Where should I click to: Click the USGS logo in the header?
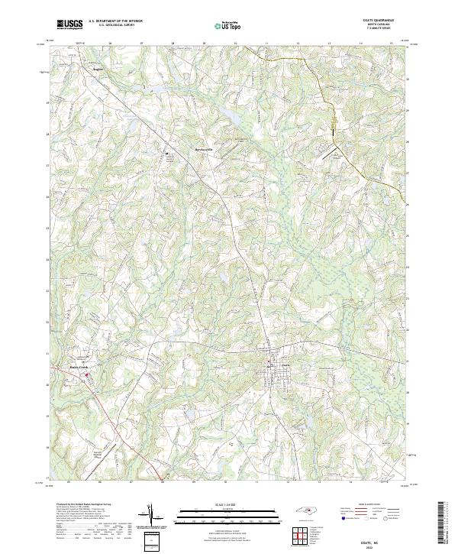[x=69, y=25]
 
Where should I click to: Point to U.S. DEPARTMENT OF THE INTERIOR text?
[x=115, y=21]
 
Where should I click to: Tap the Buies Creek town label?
[x=79, y=368]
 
